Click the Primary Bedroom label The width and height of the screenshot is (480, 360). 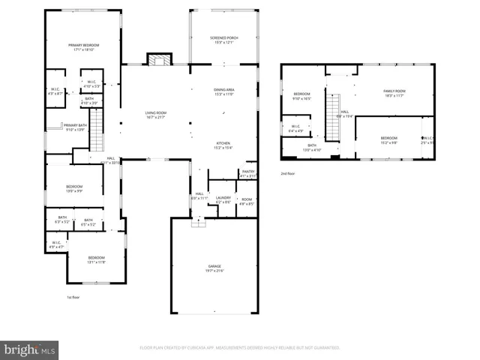click(x=84, y=47)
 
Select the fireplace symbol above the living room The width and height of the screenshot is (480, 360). click(x=158, y=59)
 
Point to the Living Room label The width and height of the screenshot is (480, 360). click(x=155, y=115)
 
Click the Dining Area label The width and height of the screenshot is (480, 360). click(x=224, y=91)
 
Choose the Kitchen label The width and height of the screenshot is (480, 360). click(x=224, y=145)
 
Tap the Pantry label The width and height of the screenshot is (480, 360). click(x=247, y=174)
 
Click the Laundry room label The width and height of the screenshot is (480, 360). click(x=223, y=199)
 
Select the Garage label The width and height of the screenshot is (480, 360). click(x=215, y=268)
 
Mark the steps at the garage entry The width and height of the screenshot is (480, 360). click(x=199, y=222)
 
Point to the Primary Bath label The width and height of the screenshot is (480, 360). click(x=75, y=127)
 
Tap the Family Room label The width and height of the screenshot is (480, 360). click(x=394, y=92)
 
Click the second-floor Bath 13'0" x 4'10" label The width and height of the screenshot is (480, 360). click(x=311, y=147)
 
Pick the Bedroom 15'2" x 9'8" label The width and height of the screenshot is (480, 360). click(x=388, y=140)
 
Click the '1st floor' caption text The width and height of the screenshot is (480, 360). click(x=73, y=297)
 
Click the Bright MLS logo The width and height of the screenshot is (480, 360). click(x=29, y=349)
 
